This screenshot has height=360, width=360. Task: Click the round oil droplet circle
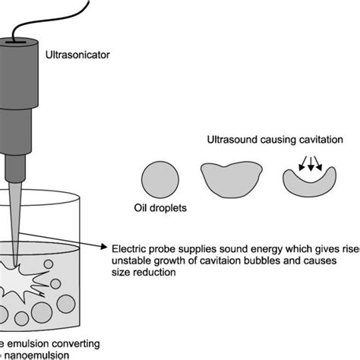[x=161, y=179]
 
